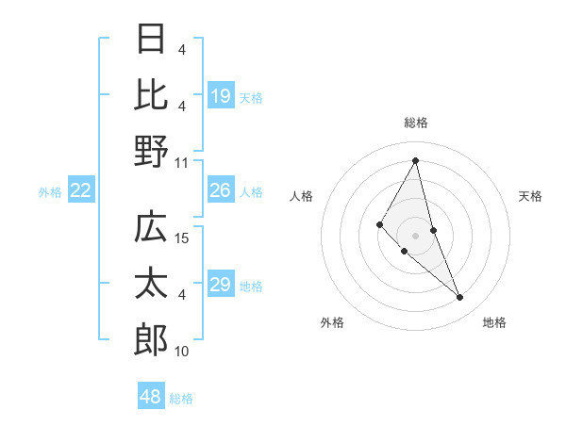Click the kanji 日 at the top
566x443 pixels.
pyautogui.click(x=151, y=40)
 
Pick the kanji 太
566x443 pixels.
pyautogui.click(x=151, y=285)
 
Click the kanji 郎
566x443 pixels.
pyautogui.click(x=151, y=339)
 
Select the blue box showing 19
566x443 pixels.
pyautogui.click(x=221, y=95)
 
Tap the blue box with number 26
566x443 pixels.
pyautogui.click(x=221, y=190)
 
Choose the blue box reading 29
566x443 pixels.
pyautogui.click(x=221, y=285)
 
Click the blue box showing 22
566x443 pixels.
pyautogui.click(x=81, y=190)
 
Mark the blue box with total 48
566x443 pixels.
pyautogui.click(x=151, y=397)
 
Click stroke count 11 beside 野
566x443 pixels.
pyautogui.click(x=183, y=162)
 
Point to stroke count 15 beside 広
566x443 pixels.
pyautogui.click(x=183, y=238)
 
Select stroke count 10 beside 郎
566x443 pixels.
pyautogui.click(x=183, y=352)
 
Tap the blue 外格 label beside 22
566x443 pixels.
pyautogui.click(x=50, y=191)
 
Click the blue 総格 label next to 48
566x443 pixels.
pyautogui.click(x=181, y=398)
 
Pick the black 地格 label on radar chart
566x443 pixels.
pyautogui.click(x=494, y=322)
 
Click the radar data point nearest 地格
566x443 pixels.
pyautogui.click(x=460, y=298)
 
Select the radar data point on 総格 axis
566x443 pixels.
pyautogui.click(x=415, y=160)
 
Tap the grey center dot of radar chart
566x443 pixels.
pyautogui.click(x=415, y=235)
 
